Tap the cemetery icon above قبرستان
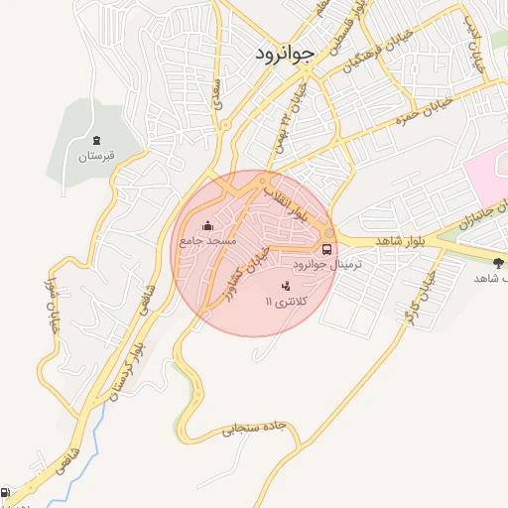coord(96,141)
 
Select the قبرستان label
coord(96,157)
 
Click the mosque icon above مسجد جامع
coord(206,225)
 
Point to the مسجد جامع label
coord(207,241)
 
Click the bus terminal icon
coord(327,249)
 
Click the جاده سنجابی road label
coord(253,430)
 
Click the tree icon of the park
coord(497,263)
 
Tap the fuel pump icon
coord(6,492)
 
